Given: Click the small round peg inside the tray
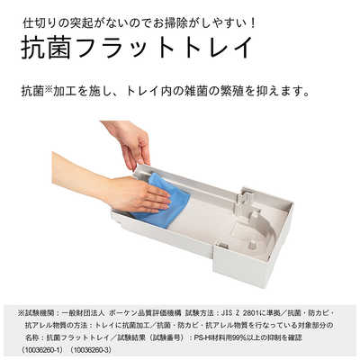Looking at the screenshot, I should coord(253,241).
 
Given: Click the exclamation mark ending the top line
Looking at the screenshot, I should coord(254,19).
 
